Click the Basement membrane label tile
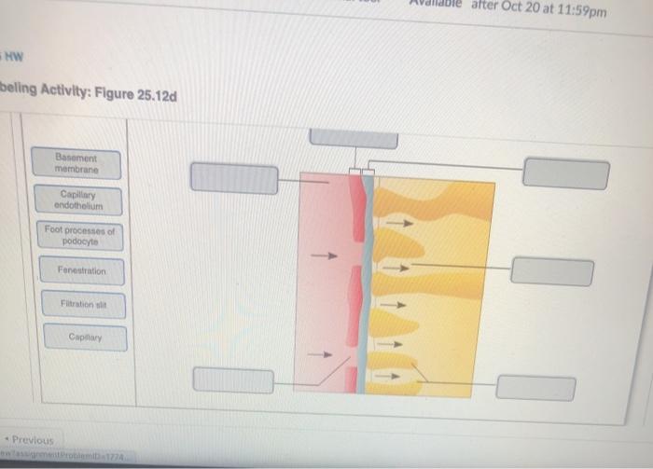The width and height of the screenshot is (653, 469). click(76, 162)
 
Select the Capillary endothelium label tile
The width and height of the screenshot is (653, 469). click(78, 200)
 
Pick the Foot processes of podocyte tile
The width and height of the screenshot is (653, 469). click(80, 234)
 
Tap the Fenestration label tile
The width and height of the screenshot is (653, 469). click(82, 270)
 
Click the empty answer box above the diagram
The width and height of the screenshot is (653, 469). click(354, 137)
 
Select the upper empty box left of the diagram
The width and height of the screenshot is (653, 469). click(234, 178)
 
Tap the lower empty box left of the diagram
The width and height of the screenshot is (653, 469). click(233, 380)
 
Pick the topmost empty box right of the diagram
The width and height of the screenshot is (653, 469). click(565, 172)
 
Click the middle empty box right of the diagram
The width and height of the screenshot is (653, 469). click(551, 271)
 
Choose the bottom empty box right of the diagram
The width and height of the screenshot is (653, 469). click(535, 388)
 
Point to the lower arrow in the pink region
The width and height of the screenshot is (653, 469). click(321, 354)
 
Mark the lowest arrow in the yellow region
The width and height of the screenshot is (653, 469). click(394, 377)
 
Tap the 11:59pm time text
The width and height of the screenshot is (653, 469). click(579, 11)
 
